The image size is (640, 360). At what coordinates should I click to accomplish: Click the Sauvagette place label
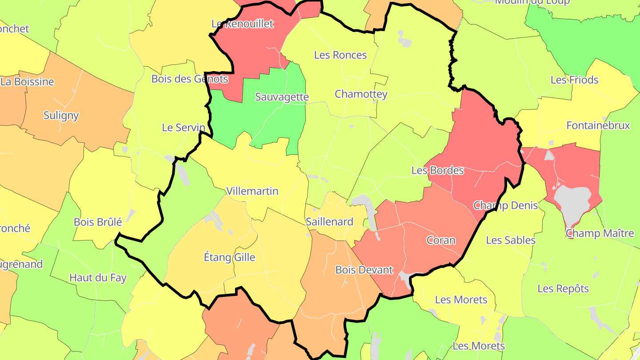point(282,97)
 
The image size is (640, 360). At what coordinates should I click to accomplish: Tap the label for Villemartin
point(252,191)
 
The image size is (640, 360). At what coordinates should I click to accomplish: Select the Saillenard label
point(329,222)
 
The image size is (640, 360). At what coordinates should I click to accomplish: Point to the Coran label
point(441,240)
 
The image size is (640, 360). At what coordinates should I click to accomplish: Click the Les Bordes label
point(437,170)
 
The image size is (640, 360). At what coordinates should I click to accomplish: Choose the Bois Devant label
point(364,270)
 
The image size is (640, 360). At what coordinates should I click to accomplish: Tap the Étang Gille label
point(229,257)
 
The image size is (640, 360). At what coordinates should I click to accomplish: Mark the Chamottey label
point(361,94)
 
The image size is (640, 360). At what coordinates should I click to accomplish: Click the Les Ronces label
point(340,55)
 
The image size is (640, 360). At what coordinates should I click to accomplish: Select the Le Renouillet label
point(242,24)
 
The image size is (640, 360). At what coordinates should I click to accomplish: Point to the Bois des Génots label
point(190,79)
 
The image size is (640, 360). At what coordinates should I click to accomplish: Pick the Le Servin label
point(184,128)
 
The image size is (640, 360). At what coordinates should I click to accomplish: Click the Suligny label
point(61,116)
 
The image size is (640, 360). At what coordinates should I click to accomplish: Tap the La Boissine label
point(27,82)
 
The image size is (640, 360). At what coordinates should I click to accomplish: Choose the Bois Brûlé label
point(98,222)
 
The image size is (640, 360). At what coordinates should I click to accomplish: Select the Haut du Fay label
point(98,278)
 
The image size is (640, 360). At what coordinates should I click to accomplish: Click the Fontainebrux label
point(598,125)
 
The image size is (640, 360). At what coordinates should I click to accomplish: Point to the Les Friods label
point(574,80)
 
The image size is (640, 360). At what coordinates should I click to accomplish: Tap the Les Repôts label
point(563,288)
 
